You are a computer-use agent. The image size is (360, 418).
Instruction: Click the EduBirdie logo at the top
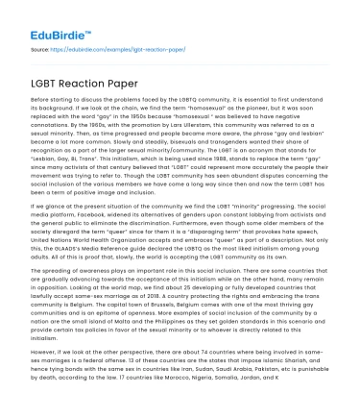click(x=43, y=16)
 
